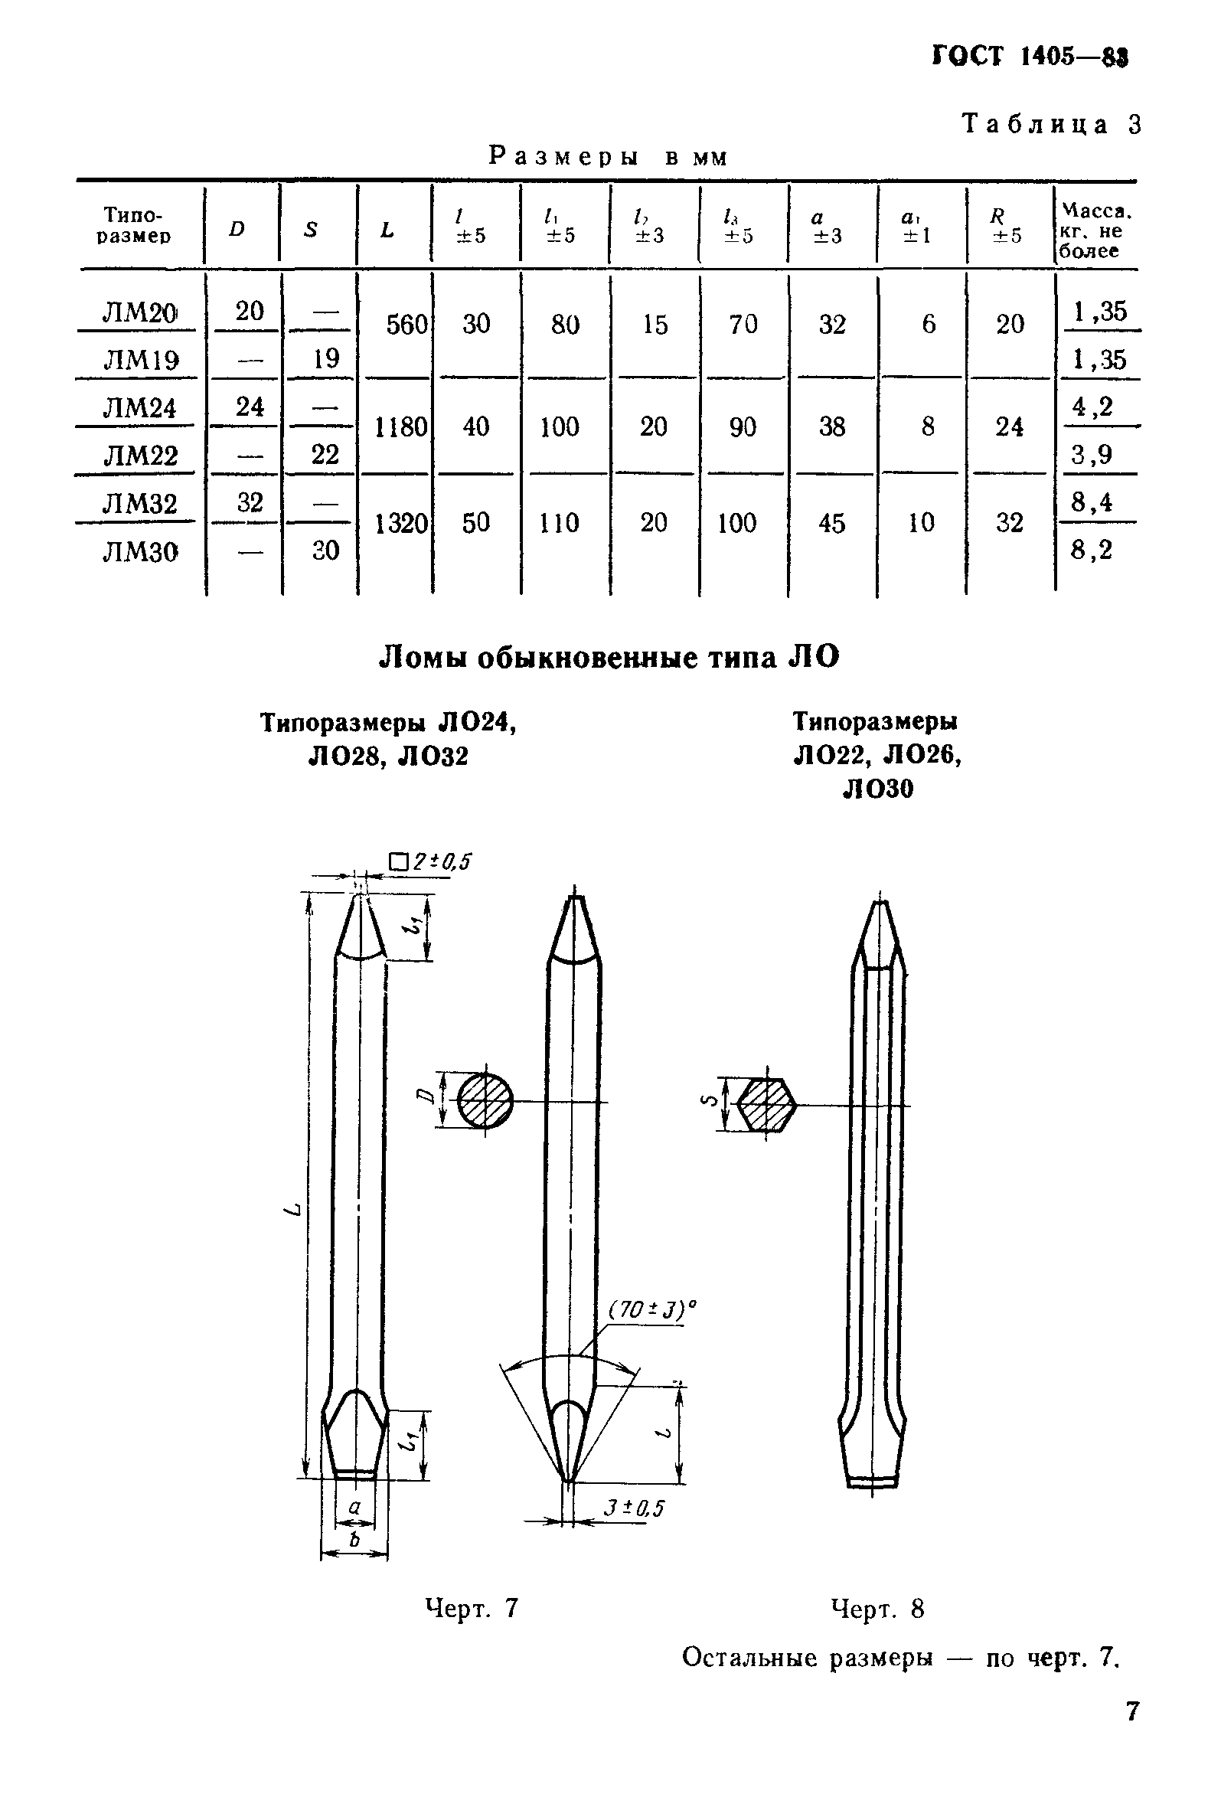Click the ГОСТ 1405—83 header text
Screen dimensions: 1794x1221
[1030, 57]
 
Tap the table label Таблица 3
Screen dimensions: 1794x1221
[1050, 124]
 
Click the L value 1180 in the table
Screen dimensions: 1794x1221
[400, 427]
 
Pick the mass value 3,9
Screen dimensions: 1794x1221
[1092, 455]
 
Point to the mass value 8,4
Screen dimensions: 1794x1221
[1092, 502]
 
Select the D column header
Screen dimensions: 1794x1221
[237, 229]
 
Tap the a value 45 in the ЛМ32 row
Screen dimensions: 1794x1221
[831, 524]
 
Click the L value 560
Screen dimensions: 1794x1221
[406, 324]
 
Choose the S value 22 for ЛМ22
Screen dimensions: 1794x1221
[325, 455]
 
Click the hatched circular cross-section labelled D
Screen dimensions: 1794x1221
[485, 1101]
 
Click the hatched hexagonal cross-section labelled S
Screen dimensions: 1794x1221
[766, 1106]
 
